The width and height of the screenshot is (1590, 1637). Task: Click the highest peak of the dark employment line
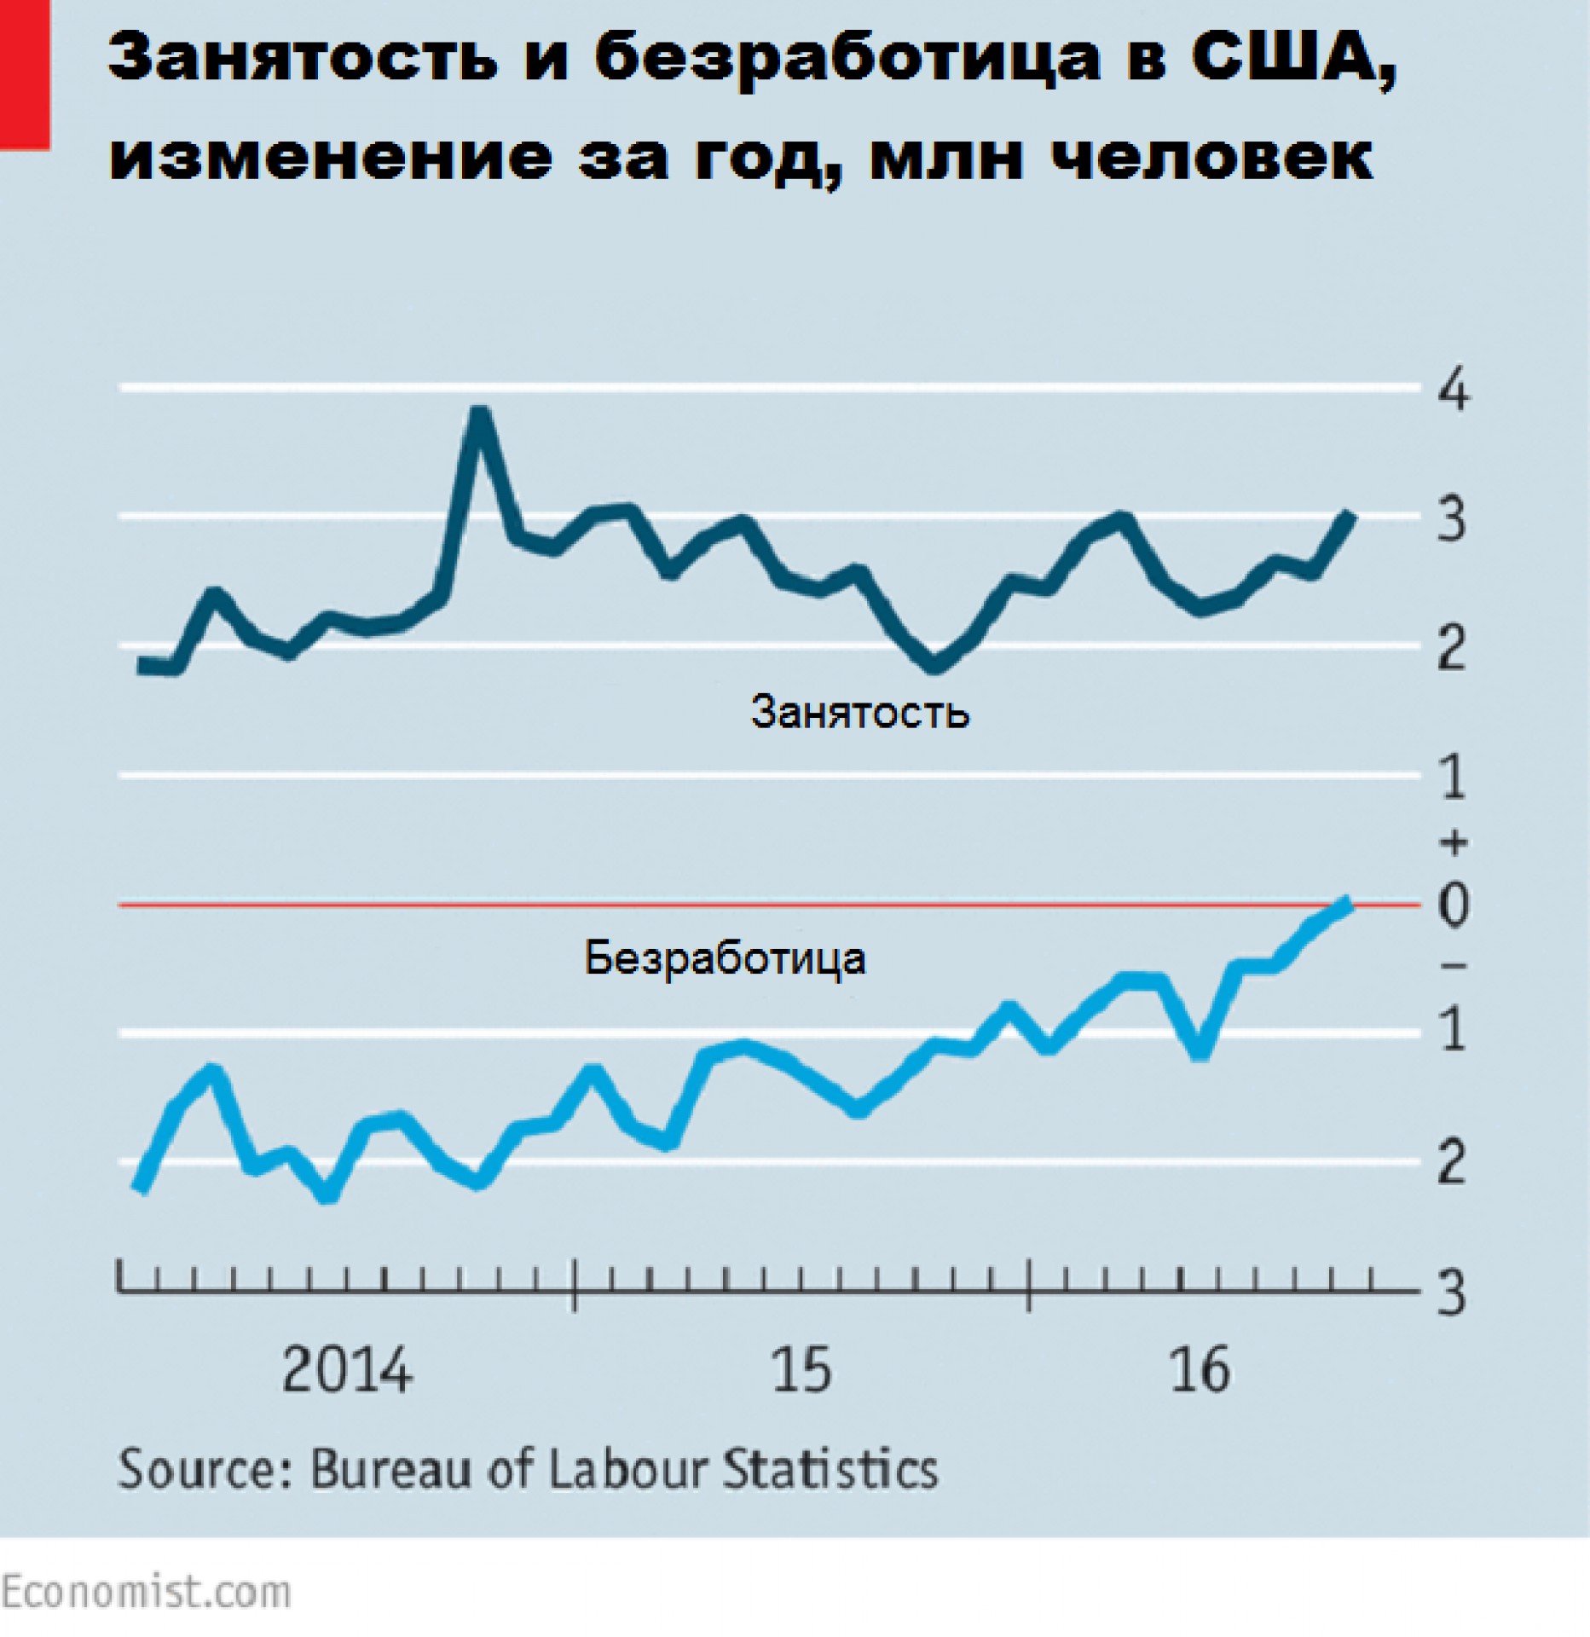(x=479, y=414)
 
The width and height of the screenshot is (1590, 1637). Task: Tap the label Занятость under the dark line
(x=859, y=711)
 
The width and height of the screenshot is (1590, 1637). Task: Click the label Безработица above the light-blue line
(x=725, y=958)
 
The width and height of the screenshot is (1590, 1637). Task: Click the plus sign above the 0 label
(x=1454, y=842)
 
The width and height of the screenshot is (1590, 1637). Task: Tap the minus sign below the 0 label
(x=1454, y=965)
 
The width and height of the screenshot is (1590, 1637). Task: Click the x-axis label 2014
(x=346, y=1371)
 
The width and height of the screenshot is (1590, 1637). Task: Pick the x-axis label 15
(x=801, y=1371)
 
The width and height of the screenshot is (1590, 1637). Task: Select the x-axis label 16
(x=1200, y=1371)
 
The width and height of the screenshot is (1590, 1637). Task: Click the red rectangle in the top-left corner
(x=24, y=75)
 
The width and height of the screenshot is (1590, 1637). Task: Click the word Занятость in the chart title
(x=303, y=60)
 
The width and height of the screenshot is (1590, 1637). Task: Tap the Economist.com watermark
(x=145, y=1592)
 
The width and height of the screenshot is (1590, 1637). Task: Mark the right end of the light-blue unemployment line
(x=1347, y=902)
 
